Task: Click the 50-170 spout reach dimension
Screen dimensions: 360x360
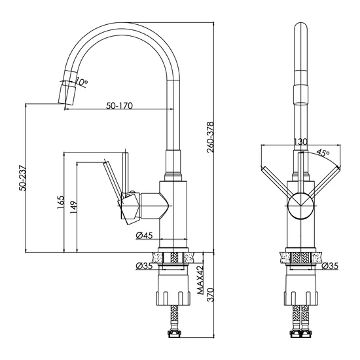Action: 119,105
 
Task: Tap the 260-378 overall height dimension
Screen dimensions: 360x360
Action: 210,137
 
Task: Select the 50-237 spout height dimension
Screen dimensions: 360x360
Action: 23,178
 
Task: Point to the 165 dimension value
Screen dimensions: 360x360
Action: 61,202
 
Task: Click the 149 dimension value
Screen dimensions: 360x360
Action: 74,207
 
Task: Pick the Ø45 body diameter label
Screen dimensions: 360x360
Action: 144,236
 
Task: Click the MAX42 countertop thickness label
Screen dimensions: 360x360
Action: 200,280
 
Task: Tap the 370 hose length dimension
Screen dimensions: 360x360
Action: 210,295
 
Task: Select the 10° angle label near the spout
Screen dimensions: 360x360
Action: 81,82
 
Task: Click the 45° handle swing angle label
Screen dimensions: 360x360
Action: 323,153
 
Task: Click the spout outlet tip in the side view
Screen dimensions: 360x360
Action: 67,94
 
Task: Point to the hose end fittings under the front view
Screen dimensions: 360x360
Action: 301,333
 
